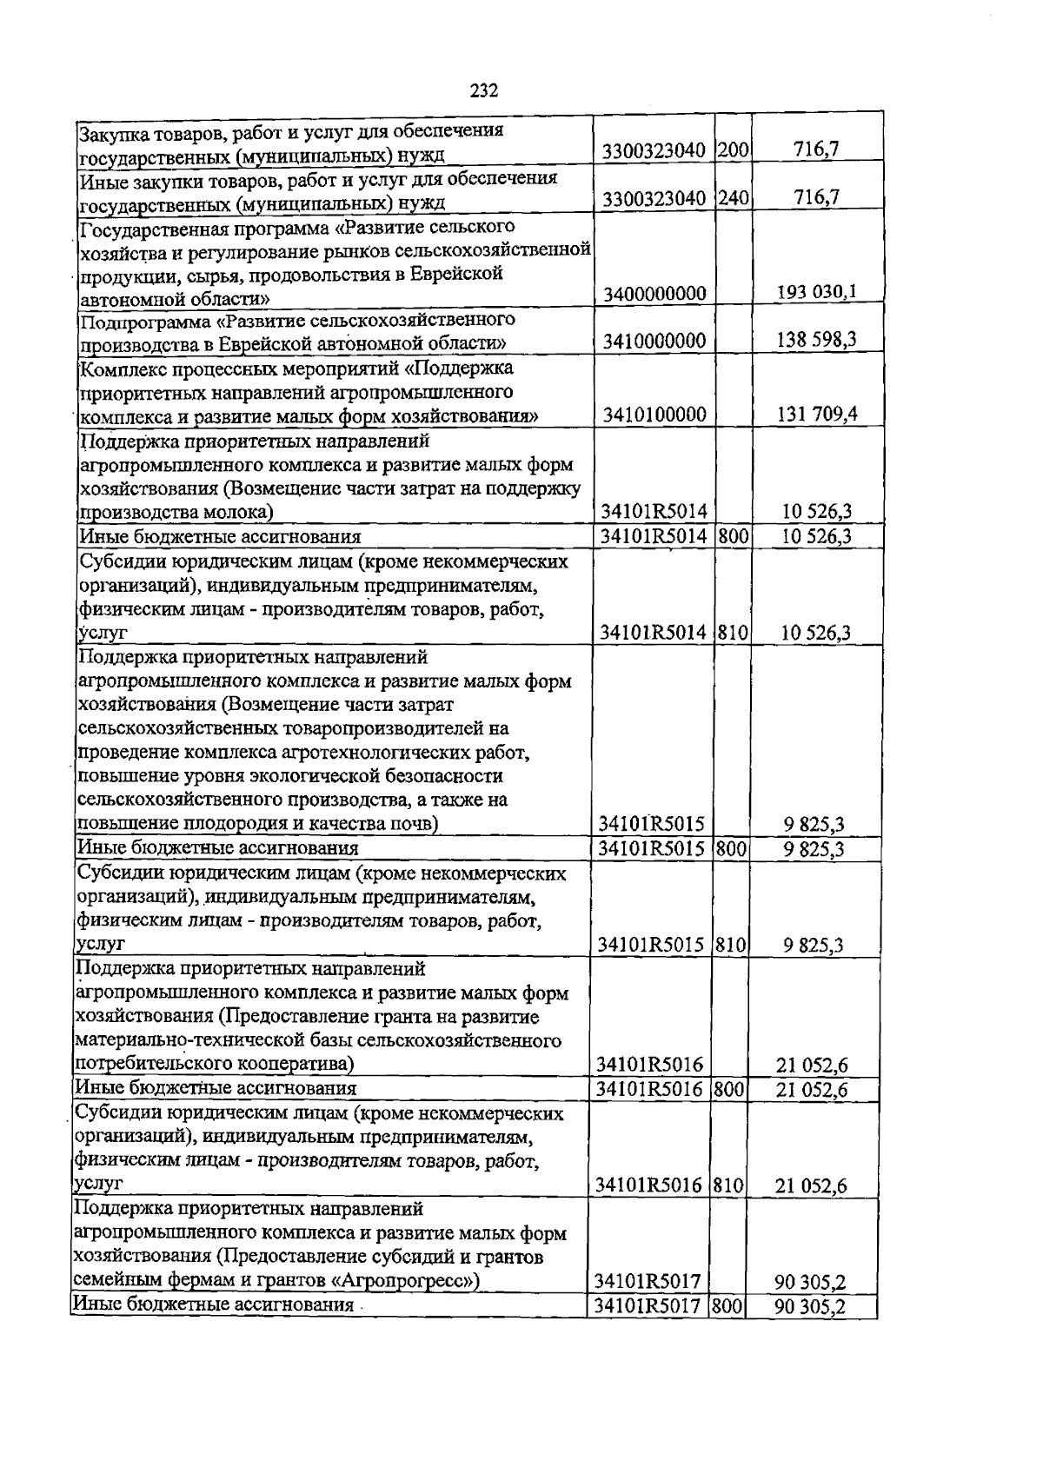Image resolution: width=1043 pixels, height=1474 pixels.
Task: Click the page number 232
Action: [x=484, y=90]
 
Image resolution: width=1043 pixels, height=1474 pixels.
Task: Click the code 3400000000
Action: [x=654, y=294]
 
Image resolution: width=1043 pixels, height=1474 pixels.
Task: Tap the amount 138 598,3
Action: [x=814, y=340]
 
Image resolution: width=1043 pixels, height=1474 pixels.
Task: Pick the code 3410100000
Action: [x=654, y=415]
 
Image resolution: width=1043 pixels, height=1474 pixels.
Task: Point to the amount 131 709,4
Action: [x=814, y=414]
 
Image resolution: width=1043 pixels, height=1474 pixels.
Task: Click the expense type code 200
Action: [x=734, y=150]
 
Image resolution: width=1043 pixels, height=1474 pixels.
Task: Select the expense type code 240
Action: [x=734, y=198]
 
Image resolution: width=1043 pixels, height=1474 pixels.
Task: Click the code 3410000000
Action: [x=654, y=341]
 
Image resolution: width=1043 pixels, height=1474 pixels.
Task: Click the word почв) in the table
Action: [x=415, y=823]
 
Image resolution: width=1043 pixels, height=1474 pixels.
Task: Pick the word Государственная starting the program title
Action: [x=147, y=228]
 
